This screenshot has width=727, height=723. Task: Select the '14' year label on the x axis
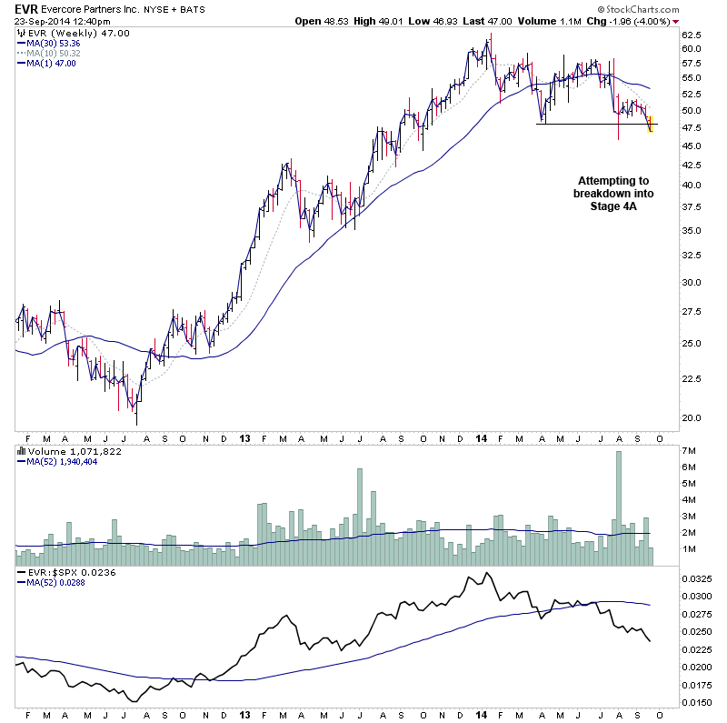(x=481, y=437)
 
